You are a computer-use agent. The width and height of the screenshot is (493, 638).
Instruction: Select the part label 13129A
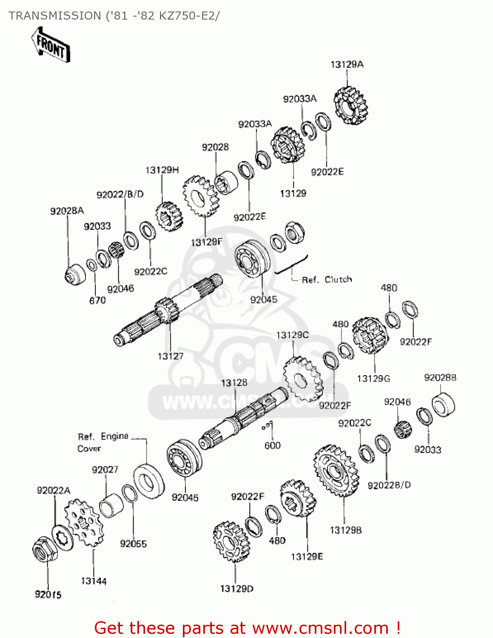(347, 65)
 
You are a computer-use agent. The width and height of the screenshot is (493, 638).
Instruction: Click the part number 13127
(171, 356)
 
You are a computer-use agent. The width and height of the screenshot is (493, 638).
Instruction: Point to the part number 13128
(234, 383)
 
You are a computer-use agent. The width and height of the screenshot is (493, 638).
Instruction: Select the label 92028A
(67, 211)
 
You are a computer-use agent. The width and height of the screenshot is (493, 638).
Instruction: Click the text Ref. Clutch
(326, 280)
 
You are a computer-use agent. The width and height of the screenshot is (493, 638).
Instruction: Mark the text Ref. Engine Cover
(102, 442)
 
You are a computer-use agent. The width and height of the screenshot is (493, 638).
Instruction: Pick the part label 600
(272, 445)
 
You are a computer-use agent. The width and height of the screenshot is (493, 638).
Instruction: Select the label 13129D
(237, 589)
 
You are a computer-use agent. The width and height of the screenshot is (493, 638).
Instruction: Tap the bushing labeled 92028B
(443, 405)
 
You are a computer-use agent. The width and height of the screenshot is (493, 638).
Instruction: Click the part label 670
(97, 300)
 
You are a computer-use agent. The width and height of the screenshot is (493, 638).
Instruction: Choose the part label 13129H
(162, 170)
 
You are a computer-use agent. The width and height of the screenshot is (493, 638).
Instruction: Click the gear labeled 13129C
(302, 379)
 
